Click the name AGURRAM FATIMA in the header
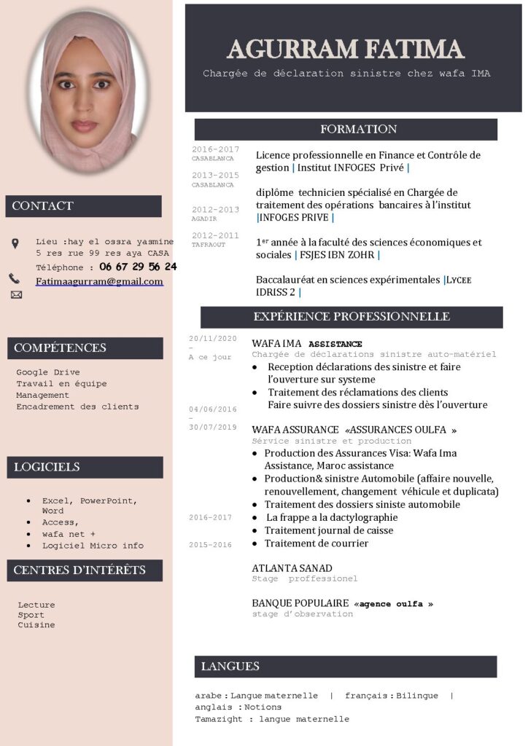[x=346, y=49]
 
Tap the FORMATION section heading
[x=358, y=129]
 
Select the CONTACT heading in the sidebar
[x=43, y=205]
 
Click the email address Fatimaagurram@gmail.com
[x=99, y=281]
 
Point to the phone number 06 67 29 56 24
[x=138, y=267]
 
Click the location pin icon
[x=15, y=243]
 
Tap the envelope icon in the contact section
[x=16, y=294]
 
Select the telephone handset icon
[x=15, y=278]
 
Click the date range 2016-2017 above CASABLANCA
[x=215, y=149]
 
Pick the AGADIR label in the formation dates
[x=204, y=219]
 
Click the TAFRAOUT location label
[x=209, y=245]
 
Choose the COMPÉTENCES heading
[x=60, y=348]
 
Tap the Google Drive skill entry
[x=48, y=372]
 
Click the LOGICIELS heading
[x=47, y=466]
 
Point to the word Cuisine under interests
[x=36, y=625]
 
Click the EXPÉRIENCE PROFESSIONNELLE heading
[x=352, y=316]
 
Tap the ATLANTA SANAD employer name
[x=292, y=568]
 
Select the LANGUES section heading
[x=230, y=666]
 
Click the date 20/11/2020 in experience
[x=213, y=339]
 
